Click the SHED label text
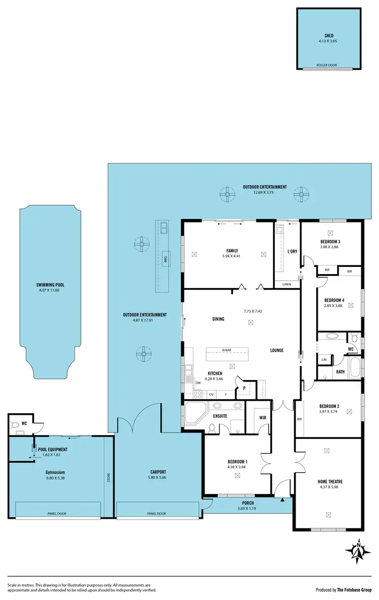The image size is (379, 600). [329, 36]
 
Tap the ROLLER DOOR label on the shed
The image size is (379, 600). [327, 65]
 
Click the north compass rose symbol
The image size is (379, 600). [358, 552]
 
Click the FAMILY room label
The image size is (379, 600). [232, 251]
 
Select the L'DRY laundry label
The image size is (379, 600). [292, 251]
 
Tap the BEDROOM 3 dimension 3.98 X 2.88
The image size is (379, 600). [331, 247]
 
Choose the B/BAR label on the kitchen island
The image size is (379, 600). [226, 350]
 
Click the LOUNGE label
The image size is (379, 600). [276, 350]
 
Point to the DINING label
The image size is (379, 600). [218, 319]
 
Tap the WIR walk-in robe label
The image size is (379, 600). [262, 418]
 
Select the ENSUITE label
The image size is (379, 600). [220, 416]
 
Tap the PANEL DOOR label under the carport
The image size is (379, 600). [156, 514]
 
